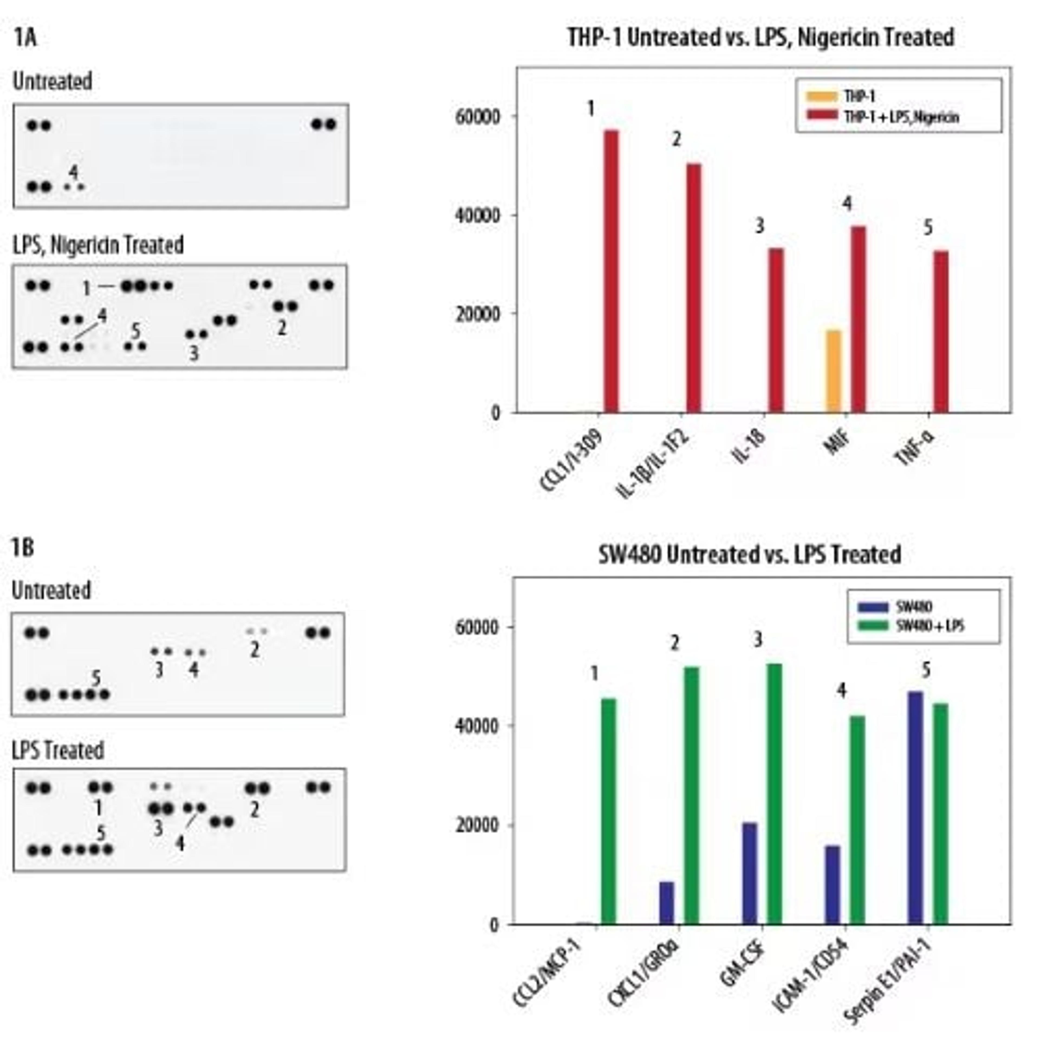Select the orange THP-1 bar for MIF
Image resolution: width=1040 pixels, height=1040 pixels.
tap(833, 371)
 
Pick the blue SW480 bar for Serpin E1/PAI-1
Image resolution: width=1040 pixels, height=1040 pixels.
tap(915, 807)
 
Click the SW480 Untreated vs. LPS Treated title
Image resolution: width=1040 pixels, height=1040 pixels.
tap(750, 554)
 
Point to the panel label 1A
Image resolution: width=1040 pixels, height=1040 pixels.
tap(25, 38)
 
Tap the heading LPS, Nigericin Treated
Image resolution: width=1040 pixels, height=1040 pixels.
tap(98, 245)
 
